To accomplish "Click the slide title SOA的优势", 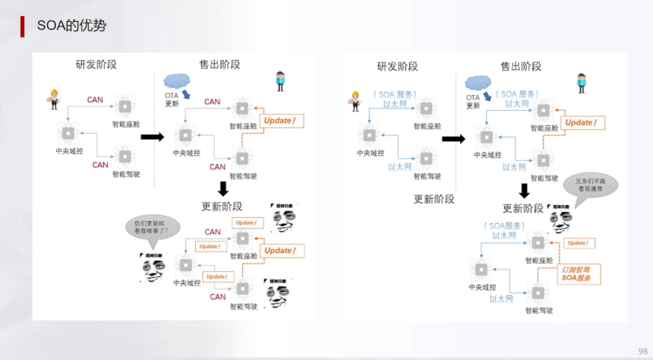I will coord(71,26).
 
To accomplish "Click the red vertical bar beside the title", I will coord(22,26).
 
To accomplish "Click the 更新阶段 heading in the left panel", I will coord(222,206).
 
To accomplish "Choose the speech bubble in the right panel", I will coord(590,185).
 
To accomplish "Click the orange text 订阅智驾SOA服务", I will coord(579,274).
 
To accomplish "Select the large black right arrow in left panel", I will coord(153,137).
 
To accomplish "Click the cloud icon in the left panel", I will coord(177,80).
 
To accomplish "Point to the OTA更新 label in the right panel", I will coord(472,101).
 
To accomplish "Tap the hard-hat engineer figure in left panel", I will coord(54,99).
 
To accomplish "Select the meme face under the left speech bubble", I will coord(152,266).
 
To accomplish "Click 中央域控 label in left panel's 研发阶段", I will coord(69,150).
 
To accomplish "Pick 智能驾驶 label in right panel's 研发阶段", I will coord(427,176).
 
